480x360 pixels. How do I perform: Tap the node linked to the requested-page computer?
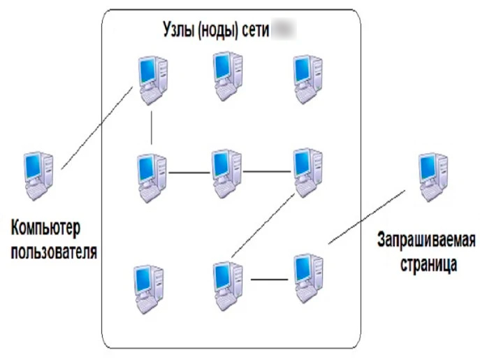coord(306,277)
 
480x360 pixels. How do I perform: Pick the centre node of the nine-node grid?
coord(227,171)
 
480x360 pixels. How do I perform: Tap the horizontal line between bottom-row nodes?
coord(269,280)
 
